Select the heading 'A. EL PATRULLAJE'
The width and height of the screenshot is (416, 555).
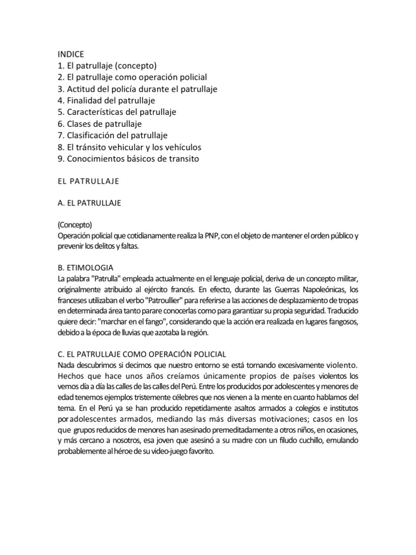click(x=89, y=203)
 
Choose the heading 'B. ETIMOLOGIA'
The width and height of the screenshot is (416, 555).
click(x=85, y=268)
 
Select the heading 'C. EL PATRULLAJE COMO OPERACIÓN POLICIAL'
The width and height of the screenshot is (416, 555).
click(x=141, y=354)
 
